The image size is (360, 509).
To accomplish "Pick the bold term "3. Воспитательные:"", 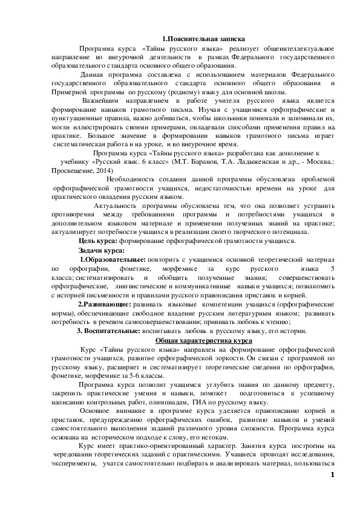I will pyautogui.click(x=105, y=331).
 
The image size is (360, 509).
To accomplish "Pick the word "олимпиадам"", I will pyautogui.click(x=172, y=402).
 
